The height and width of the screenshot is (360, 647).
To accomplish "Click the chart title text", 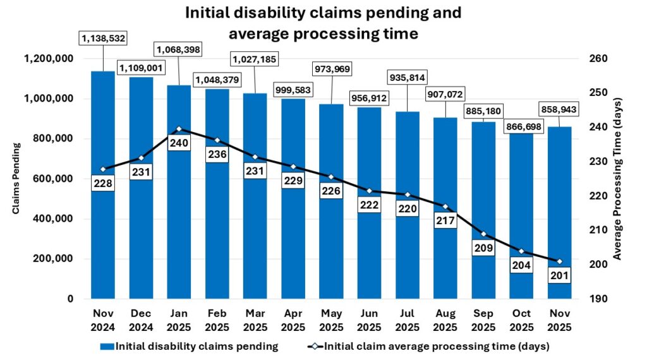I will coord(323,23).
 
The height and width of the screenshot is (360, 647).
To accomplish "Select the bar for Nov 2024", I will coord(103,240).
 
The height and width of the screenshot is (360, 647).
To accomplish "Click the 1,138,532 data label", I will coord(103,39).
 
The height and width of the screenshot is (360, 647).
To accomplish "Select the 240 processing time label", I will coord(179,143).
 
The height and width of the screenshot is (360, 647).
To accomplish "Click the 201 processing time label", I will coord(559,275).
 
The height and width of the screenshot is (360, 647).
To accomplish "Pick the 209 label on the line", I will coord(483,248).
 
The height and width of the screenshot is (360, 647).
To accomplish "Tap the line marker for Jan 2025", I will coord(179,129).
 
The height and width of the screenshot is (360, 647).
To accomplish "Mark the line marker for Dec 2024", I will coord(141,158).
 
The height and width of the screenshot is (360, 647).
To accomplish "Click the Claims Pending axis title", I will coord(16,178).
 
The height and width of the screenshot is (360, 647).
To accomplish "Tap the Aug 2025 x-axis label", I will coord(445,320).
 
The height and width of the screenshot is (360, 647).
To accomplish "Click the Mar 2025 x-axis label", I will coord(255,320).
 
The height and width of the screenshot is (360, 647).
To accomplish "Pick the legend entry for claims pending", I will coord(190,345).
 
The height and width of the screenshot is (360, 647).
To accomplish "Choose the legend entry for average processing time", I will coord(430,345).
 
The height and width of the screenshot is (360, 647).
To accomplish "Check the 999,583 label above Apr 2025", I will coord(293,91).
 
